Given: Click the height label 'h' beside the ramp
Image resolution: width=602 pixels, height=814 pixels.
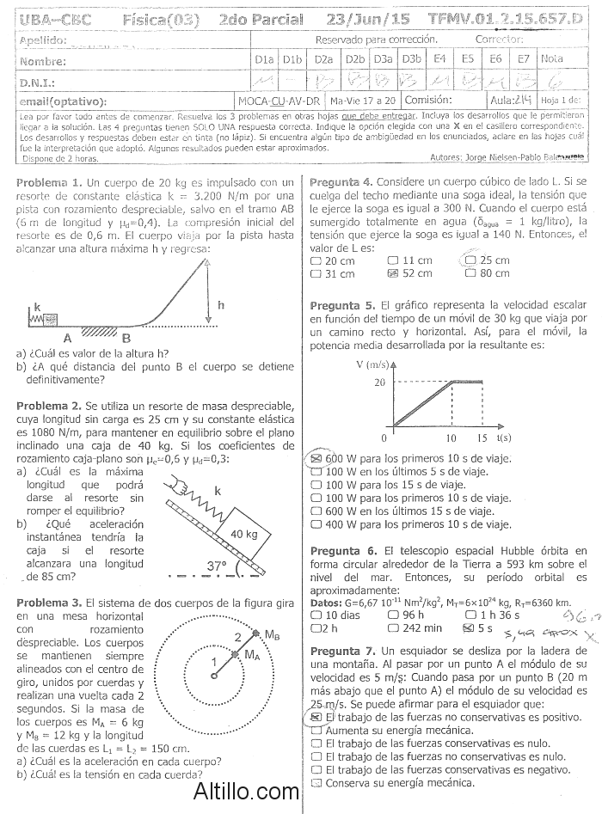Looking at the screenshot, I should (x=221, y=305).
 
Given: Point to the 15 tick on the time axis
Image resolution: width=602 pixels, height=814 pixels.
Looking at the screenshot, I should (x=482, y=438).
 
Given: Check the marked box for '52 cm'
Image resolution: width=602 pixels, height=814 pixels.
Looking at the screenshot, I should (x=394, y=273).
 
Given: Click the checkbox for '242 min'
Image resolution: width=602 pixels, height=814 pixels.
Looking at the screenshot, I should (x=392, y=627).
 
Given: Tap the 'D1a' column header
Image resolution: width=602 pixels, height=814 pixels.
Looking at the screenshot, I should (x=265, y=58).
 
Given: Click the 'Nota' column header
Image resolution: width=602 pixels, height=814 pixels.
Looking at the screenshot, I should (x=551, y=58).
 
